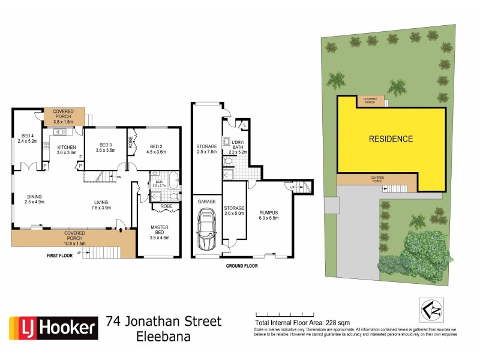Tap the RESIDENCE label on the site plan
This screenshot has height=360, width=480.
[391, 139]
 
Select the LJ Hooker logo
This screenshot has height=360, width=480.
[53, 328]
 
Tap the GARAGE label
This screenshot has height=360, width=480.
[207, 202]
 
